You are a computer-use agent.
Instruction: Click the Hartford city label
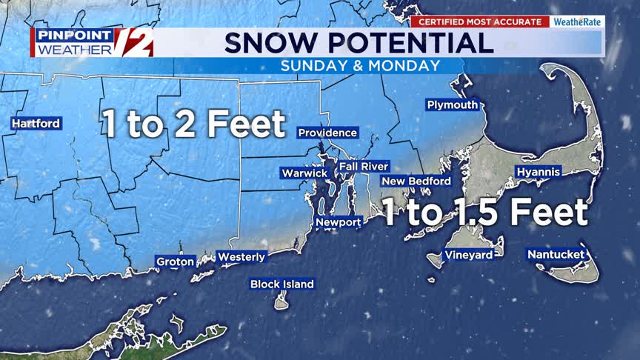(x=36, y=124)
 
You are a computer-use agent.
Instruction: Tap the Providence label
(x=327, y=133)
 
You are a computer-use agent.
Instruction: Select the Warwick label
(x=304, y=173)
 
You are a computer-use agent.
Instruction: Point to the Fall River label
(x=364, y=167)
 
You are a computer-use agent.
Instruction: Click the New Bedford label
(x=416, y=181)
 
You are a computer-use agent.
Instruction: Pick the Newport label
(x=339, y=222)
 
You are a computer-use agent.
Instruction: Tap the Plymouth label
(x=453, y=105)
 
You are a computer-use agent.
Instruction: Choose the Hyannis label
(x=539, y=172)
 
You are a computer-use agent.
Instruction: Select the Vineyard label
(x=468, y=256)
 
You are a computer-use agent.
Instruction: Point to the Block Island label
(x=282, y=284)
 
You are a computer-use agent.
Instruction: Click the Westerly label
(x=241, y=258)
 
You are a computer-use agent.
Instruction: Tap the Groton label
(x=176, y=261)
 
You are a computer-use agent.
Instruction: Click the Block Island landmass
(x=281, y=301)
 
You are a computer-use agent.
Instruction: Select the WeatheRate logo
(x=577, y=22)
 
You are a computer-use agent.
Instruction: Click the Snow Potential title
(x=359, y=42)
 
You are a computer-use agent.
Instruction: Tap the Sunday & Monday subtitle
(x=360, y=66)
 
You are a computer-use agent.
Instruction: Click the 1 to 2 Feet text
(x=194, y=124)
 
